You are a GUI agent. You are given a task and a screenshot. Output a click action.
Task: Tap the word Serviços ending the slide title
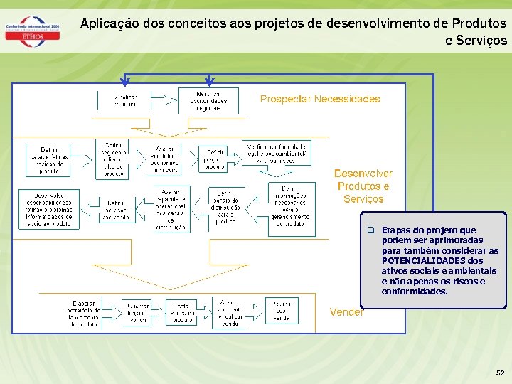click(476, 41)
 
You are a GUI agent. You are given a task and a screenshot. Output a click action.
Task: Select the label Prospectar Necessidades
click(320, 99)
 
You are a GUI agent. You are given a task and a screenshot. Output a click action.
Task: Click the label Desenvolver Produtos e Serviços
click(363, 186)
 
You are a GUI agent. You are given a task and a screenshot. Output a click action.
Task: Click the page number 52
click(500, 372)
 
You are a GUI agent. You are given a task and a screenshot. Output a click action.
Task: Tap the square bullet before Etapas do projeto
click(370, 230)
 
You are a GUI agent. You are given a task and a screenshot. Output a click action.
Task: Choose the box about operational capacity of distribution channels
click(171, 208)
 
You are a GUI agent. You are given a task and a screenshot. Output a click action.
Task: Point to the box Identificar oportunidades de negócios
click(208, 100)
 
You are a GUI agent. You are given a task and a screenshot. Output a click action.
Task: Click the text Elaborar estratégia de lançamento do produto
click(82, 314)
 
